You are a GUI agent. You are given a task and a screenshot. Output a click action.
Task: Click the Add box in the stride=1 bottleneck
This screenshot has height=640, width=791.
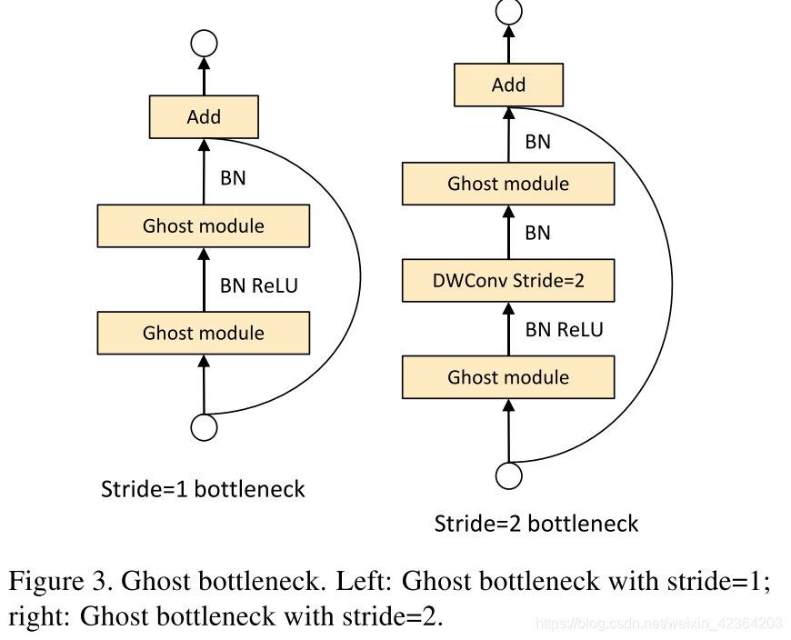tap(204, 117)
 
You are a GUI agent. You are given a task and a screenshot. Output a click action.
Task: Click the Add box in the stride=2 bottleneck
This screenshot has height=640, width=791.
tap(508, 85)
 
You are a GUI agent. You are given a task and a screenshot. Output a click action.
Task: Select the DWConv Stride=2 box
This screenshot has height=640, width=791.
tap(508, 281)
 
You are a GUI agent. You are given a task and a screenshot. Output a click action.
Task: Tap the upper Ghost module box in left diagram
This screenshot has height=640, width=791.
tap(204, 226)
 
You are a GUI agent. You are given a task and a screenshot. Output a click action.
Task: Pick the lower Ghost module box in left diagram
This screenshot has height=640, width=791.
tap(204, 333)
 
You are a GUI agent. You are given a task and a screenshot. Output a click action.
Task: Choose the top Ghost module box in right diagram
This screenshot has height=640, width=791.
tap(508, 184)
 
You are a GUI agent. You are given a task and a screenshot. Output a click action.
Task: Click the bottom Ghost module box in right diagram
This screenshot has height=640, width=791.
tap(508, 377)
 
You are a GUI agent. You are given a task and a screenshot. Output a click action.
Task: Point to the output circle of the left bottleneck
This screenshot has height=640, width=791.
tap(204, 43)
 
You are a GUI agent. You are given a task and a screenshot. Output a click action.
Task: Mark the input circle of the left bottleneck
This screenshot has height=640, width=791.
tap(204, 427)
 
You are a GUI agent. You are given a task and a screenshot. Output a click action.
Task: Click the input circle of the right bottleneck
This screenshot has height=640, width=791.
tap(508, 475)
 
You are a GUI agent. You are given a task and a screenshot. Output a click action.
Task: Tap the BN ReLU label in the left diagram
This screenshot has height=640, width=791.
tap(258, 285)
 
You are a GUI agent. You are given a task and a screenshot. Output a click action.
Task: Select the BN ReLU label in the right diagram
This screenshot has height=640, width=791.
tap(564, 329)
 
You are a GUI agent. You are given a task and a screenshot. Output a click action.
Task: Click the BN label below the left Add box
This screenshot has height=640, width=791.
tap(233, 178)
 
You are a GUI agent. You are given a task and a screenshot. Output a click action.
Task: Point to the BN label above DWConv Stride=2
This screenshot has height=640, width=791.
tap(537, 233)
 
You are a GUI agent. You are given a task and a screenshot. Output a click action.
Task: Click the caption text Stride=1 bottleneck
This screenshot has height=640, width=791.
tap(203, 489)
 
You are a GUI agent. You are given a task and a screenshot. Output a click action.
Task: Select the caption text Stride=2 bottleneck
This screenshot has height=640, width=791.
tap(536, 524)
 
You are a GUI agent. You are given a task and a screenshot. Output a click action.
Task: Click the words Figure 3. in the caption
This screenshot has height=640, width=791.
tap(60, 580)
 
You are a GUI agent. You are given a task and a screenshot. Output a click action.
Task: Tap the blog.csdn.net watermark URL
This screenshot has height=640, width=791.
tap(658, 624)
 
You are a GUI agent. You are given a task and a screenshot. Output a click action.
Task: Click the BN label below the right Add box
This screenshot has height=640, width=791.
tap(537, 142)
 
